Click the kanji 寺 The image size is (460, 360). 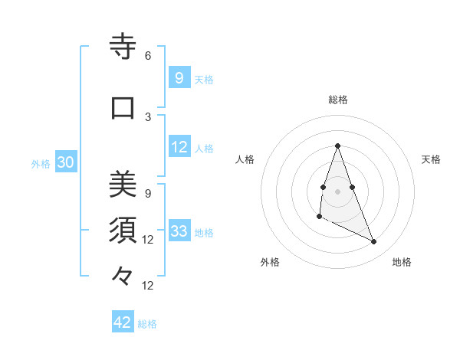coord(123,48)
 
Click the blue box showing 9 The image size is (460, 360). coord(179,78)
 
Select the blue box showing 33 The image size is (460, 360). coord(179,231)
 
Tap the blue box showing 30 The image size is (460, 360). coord(65,162)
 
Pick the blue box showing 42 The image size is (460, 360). coord(123,322)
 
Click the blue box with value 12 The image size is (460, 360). coord(179,147)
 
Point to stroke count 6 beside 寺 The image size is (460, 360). coord(148,56)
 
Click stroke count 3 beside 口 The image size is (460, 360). coord(148,116)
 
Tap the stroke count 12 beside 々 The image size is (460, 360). coord(148,286)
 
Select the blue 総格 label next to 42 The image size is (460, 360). coord(147,324)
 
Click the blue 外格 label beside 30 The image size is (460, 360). coord(41,163)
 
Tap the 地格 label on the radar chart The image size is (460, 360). coord(402,262)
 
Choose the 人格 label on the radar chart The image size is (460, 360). coord(245,159)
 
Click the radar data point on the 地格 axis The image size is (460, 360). coord(374,242)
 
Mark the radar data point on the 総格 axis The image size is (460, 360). coord(337,146)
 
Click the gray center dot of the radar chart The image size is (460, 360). coord(337,191)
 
